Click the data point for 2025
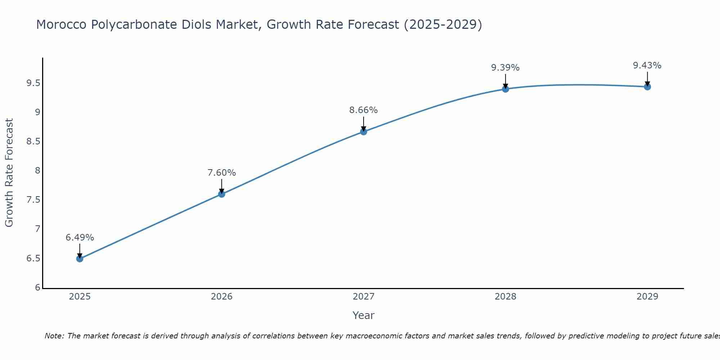pyautogui.click(x=80, y=258)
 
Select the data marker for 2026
pyautogui.click(x=221, y=194)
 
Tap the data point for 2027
pyautogui.click(x=363, y=132)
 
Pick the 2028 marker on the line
pyautogui.click(x=505, y=89)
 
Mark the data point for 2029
pyautogui.click(x=647, y=87)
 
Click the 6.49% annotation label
pyautogui.click(x=80, y=238)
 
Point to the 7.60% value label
pyautogui.click(x=221, y=173)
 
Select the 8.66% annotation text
pyautogui.click(x=363, y=110)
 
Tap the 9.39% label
pyautogui.click(x=505, y=68)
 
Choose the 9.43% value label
pyautogui.click(x=647, y=66)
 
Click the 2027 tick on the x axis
pyautogui.click(x=363, y=297)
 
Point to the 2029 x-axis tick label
pyautogui.click(x=647, y=297)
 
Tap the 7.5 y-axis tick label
pyautogui.click(x=33, y=200)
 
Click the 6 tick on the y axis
pyautogui.click(x=37, y=288)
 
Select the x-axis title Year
pyautogui.click(x=363, y=315)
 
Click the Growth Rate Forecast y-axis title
pyautogui.click(x=9, y=173)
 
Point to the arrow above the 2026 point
pyautogui.click(x=221, y=185)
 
